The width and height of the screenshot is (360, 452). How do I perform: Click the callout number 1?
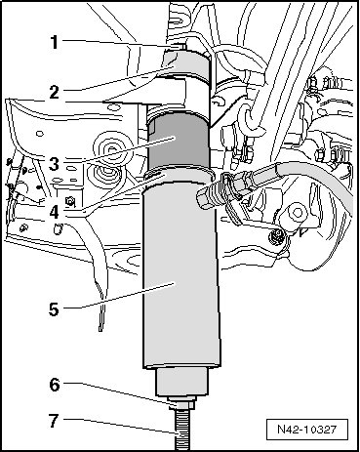tap(55, 42)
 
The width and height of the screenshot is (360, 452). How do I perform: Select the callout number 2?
tap(55, 92)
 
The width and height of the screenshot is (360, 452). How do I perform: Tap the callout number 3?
tap(55, 164)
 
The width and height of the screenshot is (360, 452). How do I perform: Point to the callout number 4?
tap(55, 212)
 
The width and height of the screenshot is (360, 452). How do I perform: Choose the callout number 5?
tap(55, 309)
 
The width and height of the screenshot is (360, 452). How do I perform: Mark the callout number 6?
tap(55, 385)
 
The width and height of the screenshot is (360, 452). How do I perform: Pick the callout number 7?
tap(55, 420)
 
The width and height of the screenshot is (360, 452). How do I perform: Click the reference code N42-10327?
tap(306, 430)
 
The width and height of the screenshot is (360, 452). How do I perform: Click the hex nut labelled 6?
tap(181, 404)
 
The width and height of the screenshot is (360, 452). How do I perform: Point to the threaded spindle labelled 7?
tap(180, 431)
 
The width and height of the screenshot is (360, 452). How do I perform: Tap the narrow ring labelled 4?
tap(180, 175)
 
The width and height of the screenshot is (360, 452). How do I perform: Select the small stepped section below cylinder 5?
tap(182, 383)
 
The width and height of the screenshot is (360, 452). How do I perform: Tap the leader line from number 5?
tap(119, 296)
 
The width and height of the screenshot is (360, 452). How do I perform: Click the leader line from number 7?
tap(121, 427)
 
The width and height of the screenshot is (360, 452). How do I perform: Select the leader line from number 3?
tap(119, 149)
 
